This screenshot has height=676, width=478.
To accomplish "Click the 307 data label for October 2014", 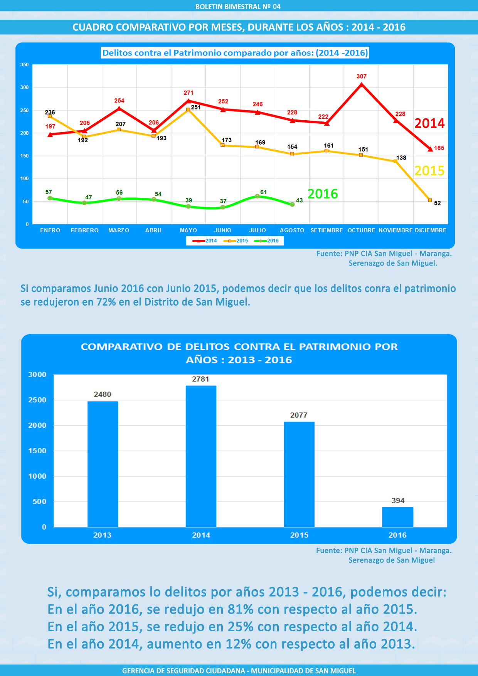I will (x=361, y=76).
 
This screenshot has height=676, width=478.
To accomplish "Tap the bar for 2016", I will (x=397, y=517).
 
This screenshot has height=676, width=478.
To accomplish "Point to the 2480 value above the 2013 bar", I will (x=103, y=394).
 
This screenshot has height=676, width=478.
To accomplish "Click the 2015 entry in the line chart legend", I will (x=236, y=241).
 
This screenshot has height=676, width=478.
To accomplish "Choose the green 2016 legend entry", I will (x=266, y=241).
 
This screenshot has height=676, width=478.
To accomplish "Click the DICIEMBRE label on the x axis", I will (x=431, y=230).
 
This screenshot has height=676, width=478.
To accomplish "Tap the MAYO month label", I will (x=188, y=230).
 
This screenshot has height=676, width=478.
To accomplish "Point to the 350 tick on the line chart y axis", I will (x=25, y=65).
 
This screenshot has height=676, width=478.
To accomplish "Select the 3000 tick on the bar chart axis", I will (x=37, y=375).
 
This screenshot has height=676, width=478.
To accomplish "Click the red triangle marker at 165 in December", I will (x=430, y=149).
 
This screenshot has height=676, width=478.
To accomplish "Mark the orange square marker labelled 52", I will (x=430, y=200).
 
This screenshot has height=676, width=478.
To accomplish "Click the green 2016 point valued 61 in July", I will (x=257, y=196).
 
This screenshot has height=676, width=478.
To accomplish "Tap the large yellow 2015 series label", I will (x=429, y=171).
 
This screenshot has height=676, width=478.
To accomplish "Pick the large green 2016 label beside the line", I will (x=323, y=194).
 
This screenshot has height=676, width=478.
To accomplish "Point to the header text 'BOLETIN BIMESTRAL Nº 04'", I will (x=238, y=7).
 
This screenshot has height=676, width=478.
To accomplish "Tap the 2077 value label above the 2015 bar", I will (x=299, y=415).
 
